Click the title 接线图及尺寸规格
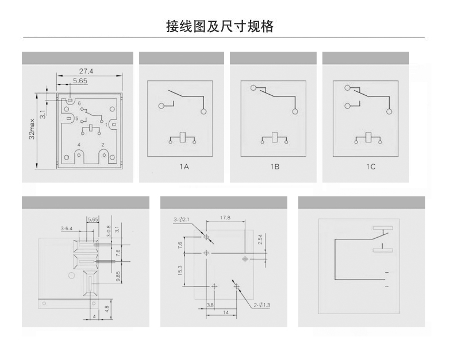(220, 26)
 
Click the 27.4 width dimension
(86, 71)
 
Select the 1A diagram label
(183, 167)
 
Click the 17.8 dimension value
(225, 218)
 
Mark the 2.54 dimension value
(260, 239)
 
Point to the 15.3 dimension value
(180, 270)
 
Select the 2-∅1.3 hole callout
(263, 305)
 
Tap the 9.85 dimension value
(118, 275)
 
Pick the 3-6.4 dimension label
(67, 229)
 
